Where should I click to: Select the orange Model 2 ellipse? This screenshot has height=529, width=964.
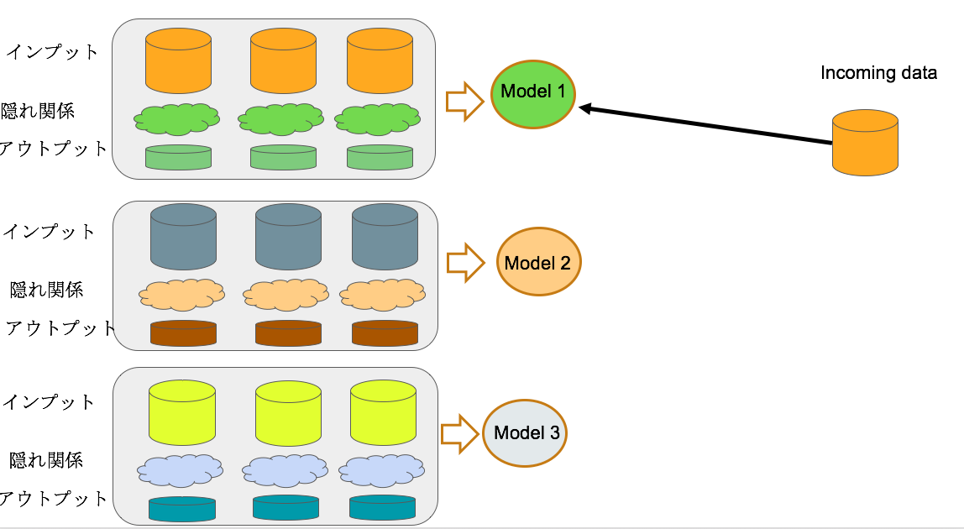538,262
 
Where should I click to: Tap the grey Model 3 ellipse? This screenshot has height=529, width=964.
527,433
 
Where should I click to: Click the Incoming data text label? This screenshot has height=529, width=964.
878,73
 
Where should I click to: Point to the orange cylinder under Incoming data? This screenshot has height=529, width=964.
865,144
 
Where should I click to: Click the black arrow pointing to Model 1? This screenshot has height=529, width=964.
705,125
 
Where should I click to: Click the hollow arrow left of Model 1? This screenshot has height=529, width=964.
464,101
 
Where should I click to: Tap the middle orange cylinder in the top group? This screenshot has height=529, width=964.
283,60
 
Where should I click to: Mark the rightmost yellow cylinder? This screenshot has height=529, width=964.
383,411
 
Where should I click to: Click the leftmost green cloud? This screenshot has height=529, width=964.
177,119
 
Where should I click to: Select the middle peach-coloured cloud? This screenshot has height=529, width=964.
286,294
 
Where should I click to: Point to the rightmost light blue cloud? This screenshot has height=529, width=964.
382,470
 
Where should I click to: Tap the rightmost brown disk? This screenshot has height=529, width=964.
385,333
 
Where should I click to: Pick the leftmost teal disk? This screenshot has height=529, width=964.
181,509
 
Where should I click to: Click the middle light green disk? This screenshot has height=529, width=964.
283,157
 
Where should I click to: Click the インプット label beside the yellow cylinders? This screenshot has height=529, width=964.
50,401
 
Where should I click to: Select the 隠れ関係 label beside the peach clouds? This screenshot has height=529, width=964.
47,290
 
